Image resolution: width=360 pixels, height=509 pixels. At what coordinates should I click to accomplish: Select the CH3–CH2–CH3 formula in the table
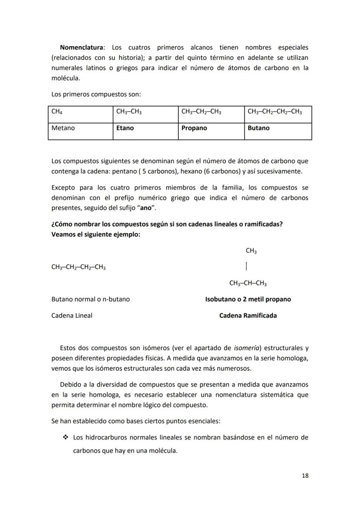[x=201, y=112]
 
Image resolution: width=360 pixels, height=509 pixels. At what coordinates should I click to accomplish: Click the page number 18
[x=305, y=476]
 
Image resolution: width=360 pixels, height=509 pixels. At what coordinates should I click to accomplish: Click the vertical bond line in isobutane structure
[x=247, y=266]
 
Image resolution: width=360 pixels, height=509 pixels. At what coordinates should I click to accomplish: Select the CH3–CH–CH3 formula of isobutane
[x=248, y=284]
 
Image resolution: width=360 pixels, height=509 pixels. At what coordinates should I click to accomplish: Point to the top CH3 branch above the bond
[x=251, y=251]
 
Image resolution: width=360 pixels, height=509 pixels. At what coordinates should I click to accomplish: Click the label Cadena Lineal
[x=72, y=316]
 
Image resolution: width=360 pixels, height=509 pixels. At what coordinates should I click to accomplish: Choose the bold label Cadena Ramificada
[x=248, y=316]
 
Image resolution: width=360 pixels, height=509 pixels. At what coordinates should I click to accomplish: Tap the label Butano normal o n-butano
[x=90, y=299]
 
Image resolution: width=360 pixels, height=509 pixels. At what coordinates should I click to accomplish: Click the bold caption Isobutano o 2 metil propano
[x=248, y=299]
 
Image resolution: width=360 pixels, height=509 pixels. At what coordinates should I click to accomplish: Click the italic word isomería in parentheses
[x=248, y=348]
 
